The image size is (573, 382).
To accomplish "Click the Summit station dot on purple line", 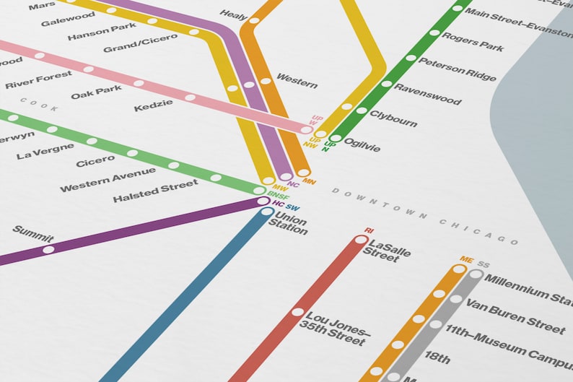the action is (48, 250).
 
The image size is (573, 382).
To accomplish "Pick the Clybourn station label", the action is (393, 118).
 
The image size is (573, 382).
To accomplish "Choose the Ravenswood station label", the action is (427, 95).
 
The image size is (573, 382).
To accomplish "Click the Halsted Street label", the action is (155, 191).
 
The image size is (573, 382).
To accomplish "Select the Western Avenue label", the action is (108, 180).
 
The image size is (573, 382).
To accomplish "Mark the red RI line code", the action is (369, 230).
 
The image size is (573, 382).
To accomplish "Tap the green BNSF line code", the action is (279, 196).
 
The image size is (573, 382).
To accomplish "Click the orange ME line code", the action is (465, 260).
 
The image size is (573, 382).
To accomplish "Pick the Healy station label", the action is (234, 14).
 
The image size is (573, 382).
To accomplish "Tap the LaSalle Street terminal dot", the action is (361, 240).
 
